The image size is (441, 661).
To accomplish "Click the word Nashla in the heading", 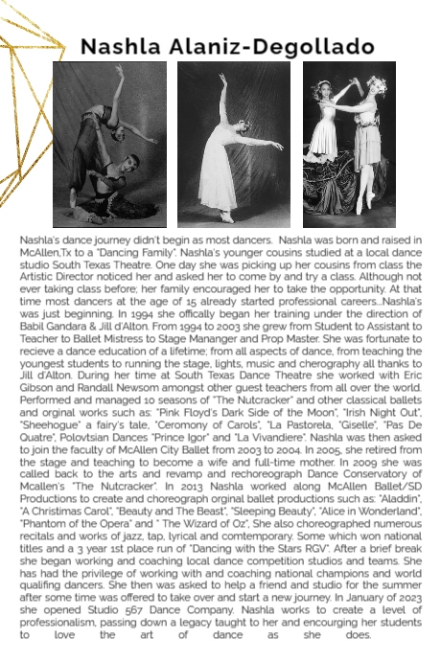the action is point(123,46).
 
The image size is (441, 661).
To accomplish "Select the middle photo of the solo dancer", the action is point(234,144).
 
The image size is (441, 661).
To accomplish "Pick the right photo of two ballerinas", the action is point(349,144).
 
